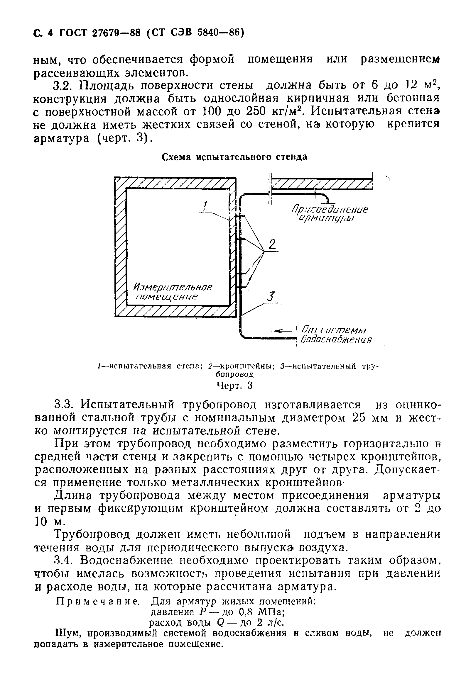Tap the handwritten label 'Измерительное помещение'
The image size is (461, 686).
173,292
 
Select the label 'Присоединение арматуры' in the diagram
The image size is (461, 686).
330,214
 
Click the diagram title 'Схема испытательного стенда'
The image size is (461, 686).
235,157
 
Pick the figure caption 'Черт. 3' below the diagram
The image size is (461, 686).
235,386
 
